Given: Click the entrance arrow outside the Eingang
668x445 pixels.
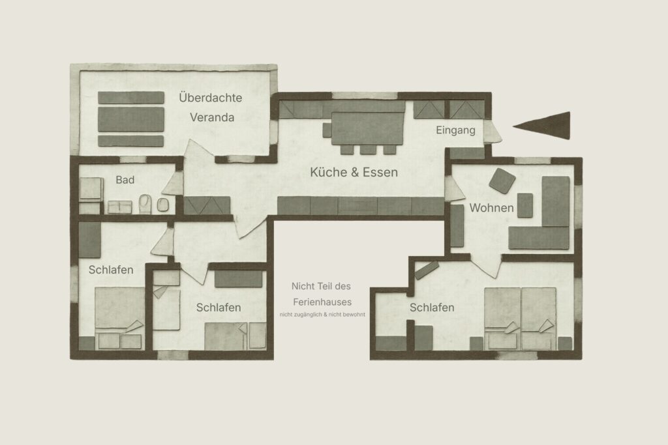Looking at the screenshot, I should (545, 125).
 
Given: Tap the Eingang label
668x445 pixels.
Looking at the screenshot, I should (455, 130).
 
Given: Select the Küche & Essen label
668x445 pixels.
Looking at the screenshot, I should (354, 173).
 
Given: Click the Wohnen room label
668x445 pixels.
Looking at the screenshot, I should (492, 208).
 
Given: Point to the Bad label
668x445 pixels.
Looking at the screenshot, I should (125, 179).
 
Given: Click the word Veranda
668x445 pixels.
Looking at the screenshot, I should (212, 118).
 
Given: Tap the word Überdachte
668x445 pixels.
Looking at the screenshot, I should (211, 98).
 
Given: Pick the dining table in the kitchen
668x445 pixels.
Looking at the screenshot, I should (368, 128).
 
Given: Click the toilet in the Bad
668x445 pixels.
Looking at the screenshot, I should (146, 205).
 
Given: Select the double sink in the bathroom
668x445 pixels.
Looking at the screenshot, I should (119, 207).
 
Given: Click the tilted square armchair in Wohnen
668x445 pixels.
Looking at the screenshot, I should (502, 180).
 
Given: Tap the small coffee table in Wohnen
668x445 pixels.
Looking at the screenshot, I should (525, 205).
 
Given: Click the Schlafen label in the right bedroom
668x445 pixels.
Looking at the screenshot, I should (432, 308).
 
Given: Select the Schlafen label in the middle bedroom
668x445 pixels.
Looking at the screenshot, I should (219, 307).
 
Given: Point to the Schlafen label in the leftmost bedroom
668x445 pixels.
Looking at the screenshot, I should (111, 269).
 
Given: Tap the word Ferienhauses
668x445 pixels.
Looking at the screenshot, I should (322, 302).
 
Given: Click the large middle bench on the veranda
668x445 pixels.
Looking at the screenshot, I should (130, 119).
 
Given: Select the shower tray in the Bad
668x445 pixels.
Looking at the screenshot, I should (91, 188).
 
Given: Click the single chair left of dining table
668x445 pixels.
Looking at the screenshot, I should (327, 130).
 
